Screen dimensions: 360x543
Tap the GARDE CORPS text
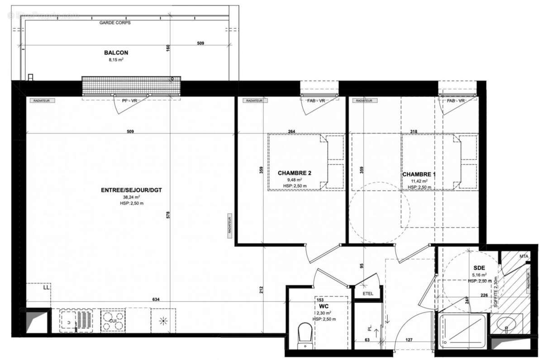[115, 22]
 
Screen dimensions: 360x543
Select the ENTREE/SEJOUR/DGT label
[131, 190]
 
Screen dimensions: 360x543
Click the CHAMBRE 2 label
[294, 173]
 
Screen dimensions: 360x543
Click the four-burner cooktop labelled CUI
[112, 320]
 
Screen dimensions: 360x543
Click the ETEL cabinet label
[368, 294]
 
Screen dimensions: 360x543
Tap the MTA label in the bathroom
[524, 256]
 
